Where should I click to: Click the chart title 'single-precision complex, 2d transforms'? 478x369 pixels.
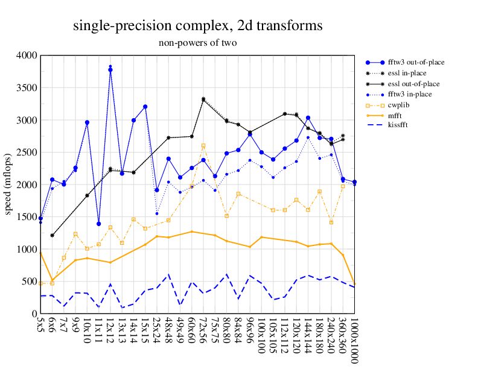pos(197,26)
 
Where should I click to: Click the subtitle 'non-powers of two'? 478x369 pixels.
pos(197,43)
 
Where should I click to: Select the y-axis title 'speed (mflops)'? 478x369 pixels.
pos(9,184)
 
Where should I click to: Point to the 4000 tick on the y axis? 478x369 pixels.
pos(26,55)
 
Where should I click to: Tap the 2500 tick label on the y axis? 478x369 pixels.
pos(26,153)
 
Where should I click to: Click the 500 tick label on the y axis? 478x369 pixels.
pos(28,282)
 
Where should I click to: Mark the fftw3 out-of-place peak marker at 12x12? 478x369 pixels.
pos(110,70)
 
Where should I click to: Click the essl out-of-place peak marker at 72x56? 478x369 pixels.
pos(203,99)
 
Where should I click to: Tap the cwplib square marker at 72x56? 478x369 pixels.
pos(203,145)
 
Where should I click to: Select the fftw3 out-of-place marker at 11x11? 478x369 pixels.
pos(98,224)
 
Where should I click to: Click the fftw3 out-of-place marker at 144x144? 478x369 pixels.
pos(308,118)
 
